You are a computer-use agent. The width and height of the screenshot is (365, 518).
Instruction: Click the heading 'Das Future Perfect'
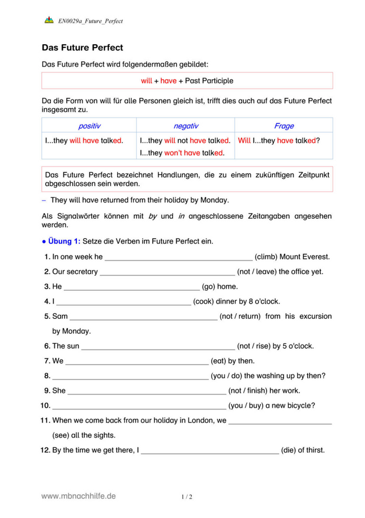[x=83, y=48]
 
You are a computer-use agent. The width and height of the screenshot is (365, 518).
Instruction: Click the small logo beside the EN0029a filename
[x=49, y=21]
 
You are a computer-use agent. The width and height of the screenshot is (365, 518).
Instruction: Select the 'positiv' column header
[x=89, y=126]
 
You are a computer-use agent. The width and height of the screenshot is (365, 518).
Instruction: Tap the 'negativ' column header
[x=186, y=126]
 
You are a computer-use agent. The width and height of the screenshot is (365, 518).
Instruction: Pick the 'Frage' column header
[x=284, y=126]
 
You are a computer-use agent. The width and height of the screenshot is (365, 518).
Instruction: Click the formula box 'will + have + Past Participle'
[x=187, y=81]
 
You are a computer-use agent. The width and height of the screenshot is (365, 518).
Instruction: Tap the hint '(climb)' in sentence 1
[x=266, y=257]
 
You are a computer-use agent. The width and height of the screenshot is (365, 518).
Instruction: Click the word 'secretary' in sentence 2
[x=83, y=271]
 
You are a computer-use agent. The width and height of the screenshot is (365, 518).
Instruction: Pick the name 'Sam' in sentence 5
[x=59, y=316]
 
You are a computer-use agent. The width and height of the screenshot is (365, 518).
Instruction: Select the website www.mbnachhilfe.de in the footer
[x=79, y=496]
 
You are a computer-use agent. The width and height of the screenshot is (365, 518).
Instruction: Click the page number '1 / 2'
[x=187, y=497]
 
